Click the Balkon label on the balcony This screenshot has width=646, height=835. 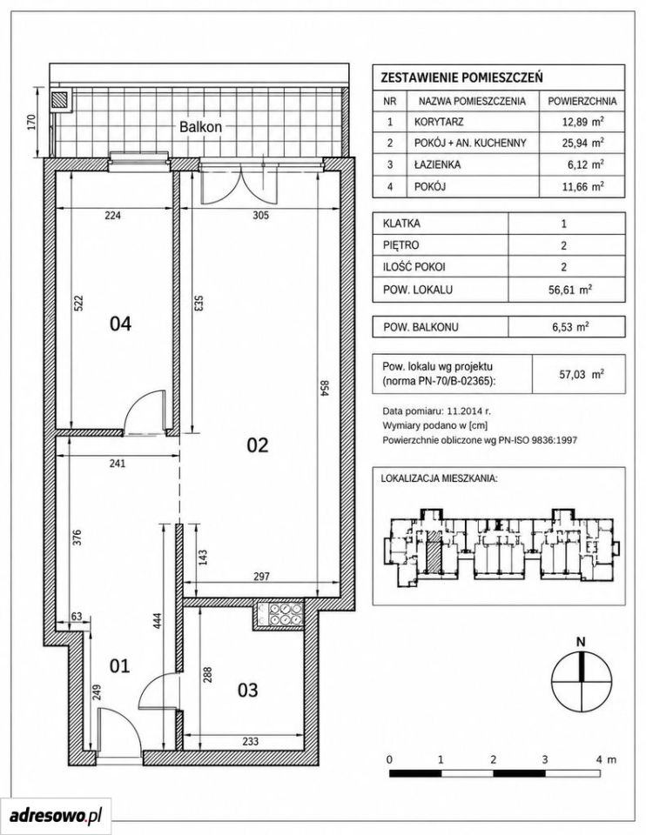click(x=200, y=127)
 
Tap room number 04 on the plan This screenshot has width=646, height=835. click(x=120, y=324)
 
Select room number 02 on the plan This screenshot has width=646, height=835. click(x=258, y=444)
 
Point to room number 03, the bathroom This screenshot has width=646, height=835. click(x=248, y=690)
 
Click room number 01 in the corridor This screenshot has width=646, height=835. click(x=119, y=665)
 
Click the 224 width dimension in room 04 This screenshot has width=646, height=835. click(x=113, y=215)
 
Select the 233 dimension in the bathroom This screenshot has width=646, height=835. click(x=250, y=741)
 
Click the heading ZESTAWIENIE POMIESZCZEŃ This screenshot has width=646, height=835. click(x=462, y=77)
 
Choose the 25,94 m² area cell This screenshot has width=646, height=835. click(x=582, y=143)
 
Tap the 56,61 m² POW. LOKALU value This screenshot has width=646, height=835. click(x=569, y=290)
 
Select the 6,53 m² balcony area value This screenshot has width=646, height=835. click(x=570, y=327)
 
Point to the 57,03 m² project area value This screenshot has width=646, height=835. click(x=582, y=374)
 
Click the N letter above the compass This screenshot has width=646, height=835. click(x=581, y=642)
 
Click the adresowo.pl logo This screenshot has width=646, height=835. click(x=56, y=815)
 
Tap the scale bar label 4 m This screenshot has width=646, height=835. click(x=604, y=759)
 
